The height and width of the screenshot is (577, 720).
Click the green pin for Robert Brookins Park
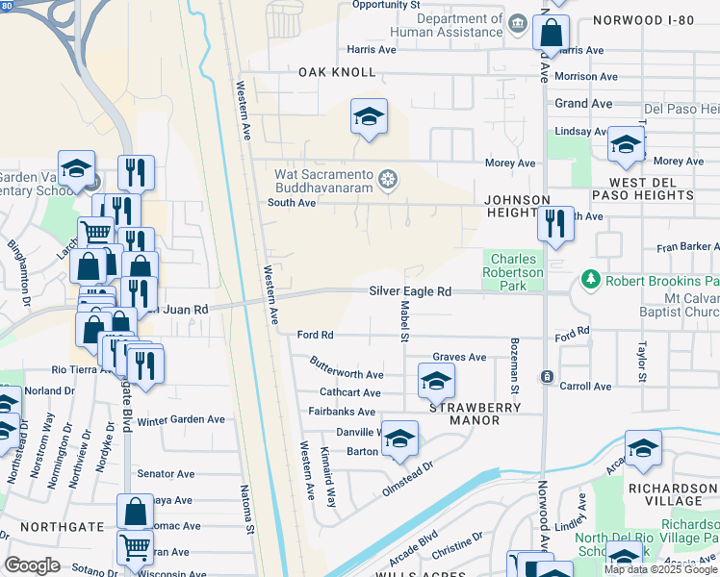coord(590,280)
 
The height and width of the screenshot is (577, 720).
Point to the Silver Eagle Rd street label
coord(410,291)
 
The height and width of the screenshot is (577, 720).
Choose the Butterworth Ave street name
coord(347,367)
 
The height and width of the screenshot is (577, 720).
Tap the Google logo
coord(32,565)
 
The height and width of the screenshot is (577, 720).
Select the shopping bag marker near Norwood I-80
coord(551,33)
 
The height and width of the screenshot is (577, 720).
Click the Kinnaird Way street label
coord(330,484)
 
